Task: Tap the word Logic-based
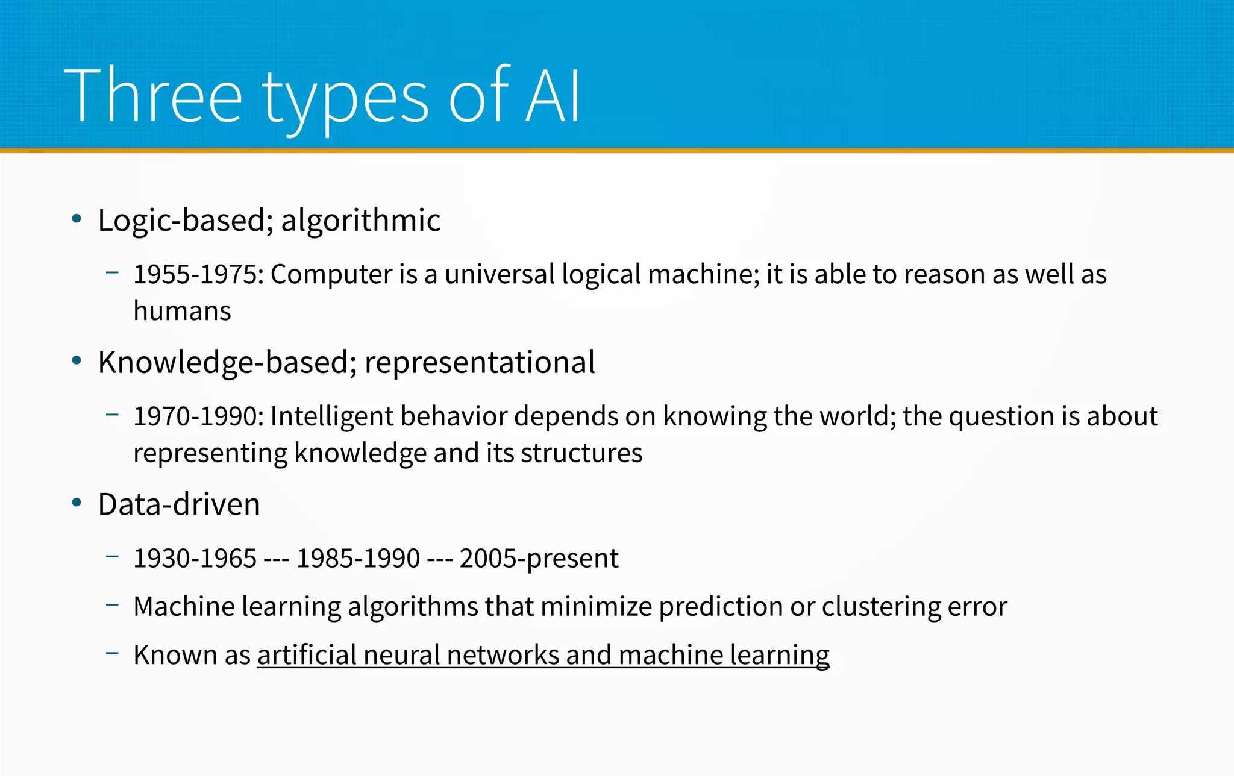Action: (180, 220)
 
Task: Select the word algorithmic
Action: (361, 220)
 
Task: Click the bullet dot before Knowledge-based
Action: (77, 361)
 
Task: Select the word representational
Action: (480, 363)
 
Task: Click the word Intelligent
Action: (331, 417)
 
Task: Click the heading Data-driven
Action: (179, 504)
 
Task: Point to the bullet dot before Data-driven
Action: (77, 503)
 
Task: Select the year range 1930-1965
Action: (195, 559)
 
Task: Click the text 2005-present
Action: (539, 559)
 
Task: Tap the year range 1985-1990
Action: (358, 559)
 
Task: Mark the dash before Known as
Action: (112, 653)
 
